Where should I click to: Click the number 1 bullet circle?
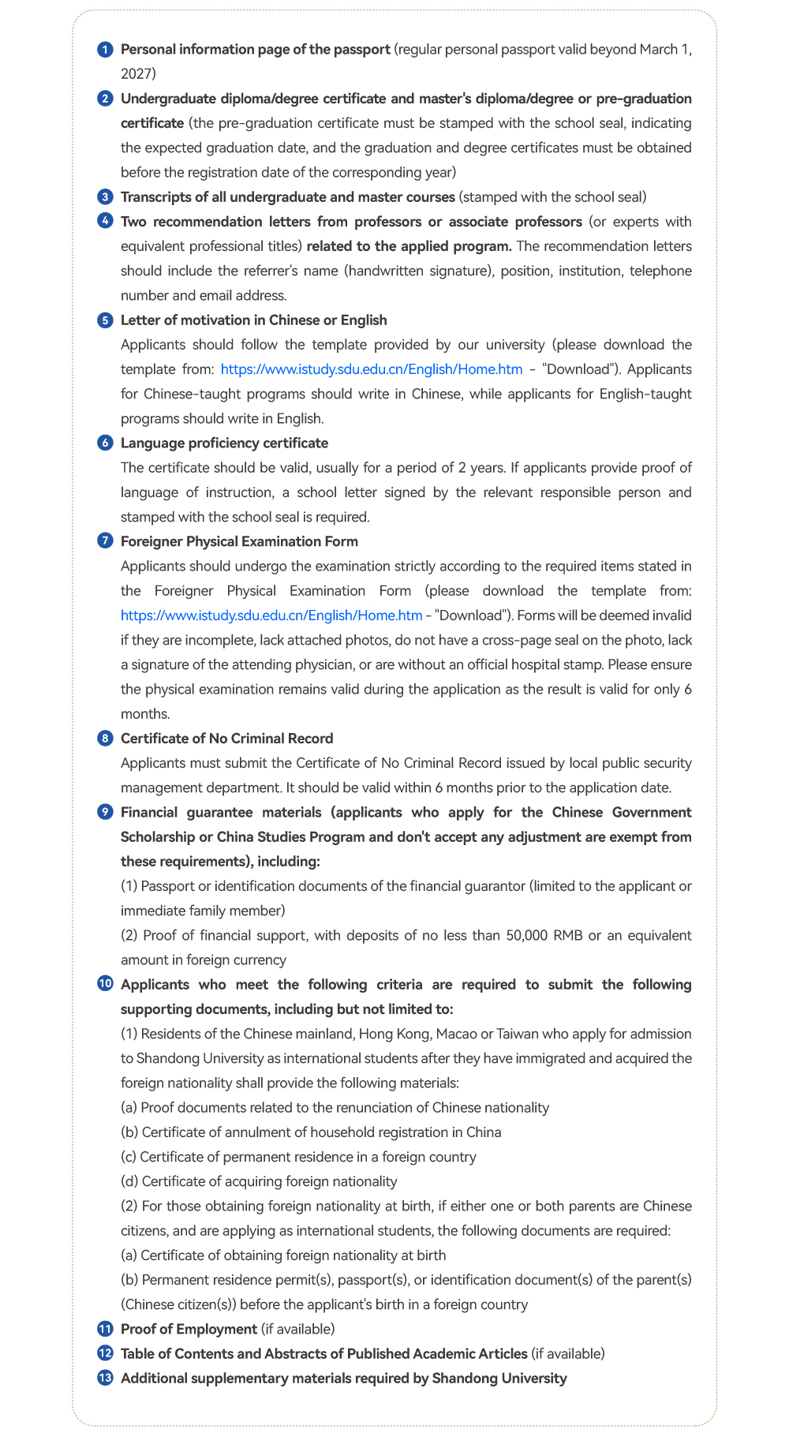pos(104,50)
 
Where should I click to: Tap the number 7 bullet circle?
pos(104,541)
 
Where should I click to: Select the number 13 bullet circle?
pos(104,1379)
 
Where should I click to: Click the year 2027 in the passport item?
pos(138,74)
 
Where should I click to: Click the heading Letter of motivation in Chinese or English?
pos(253,320)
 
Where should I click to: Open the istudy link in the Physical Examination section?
pos(271,615)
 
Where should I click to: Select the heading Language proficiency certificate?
pos(224,443)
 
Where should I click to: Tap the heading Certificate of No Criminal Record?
pos(226,739)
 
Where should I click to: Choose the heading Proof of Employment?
pos(189,1329)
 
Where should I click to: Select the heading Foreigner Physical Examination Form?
pos(239,541)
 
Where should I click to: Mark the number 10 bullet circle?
pos(104,985)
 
